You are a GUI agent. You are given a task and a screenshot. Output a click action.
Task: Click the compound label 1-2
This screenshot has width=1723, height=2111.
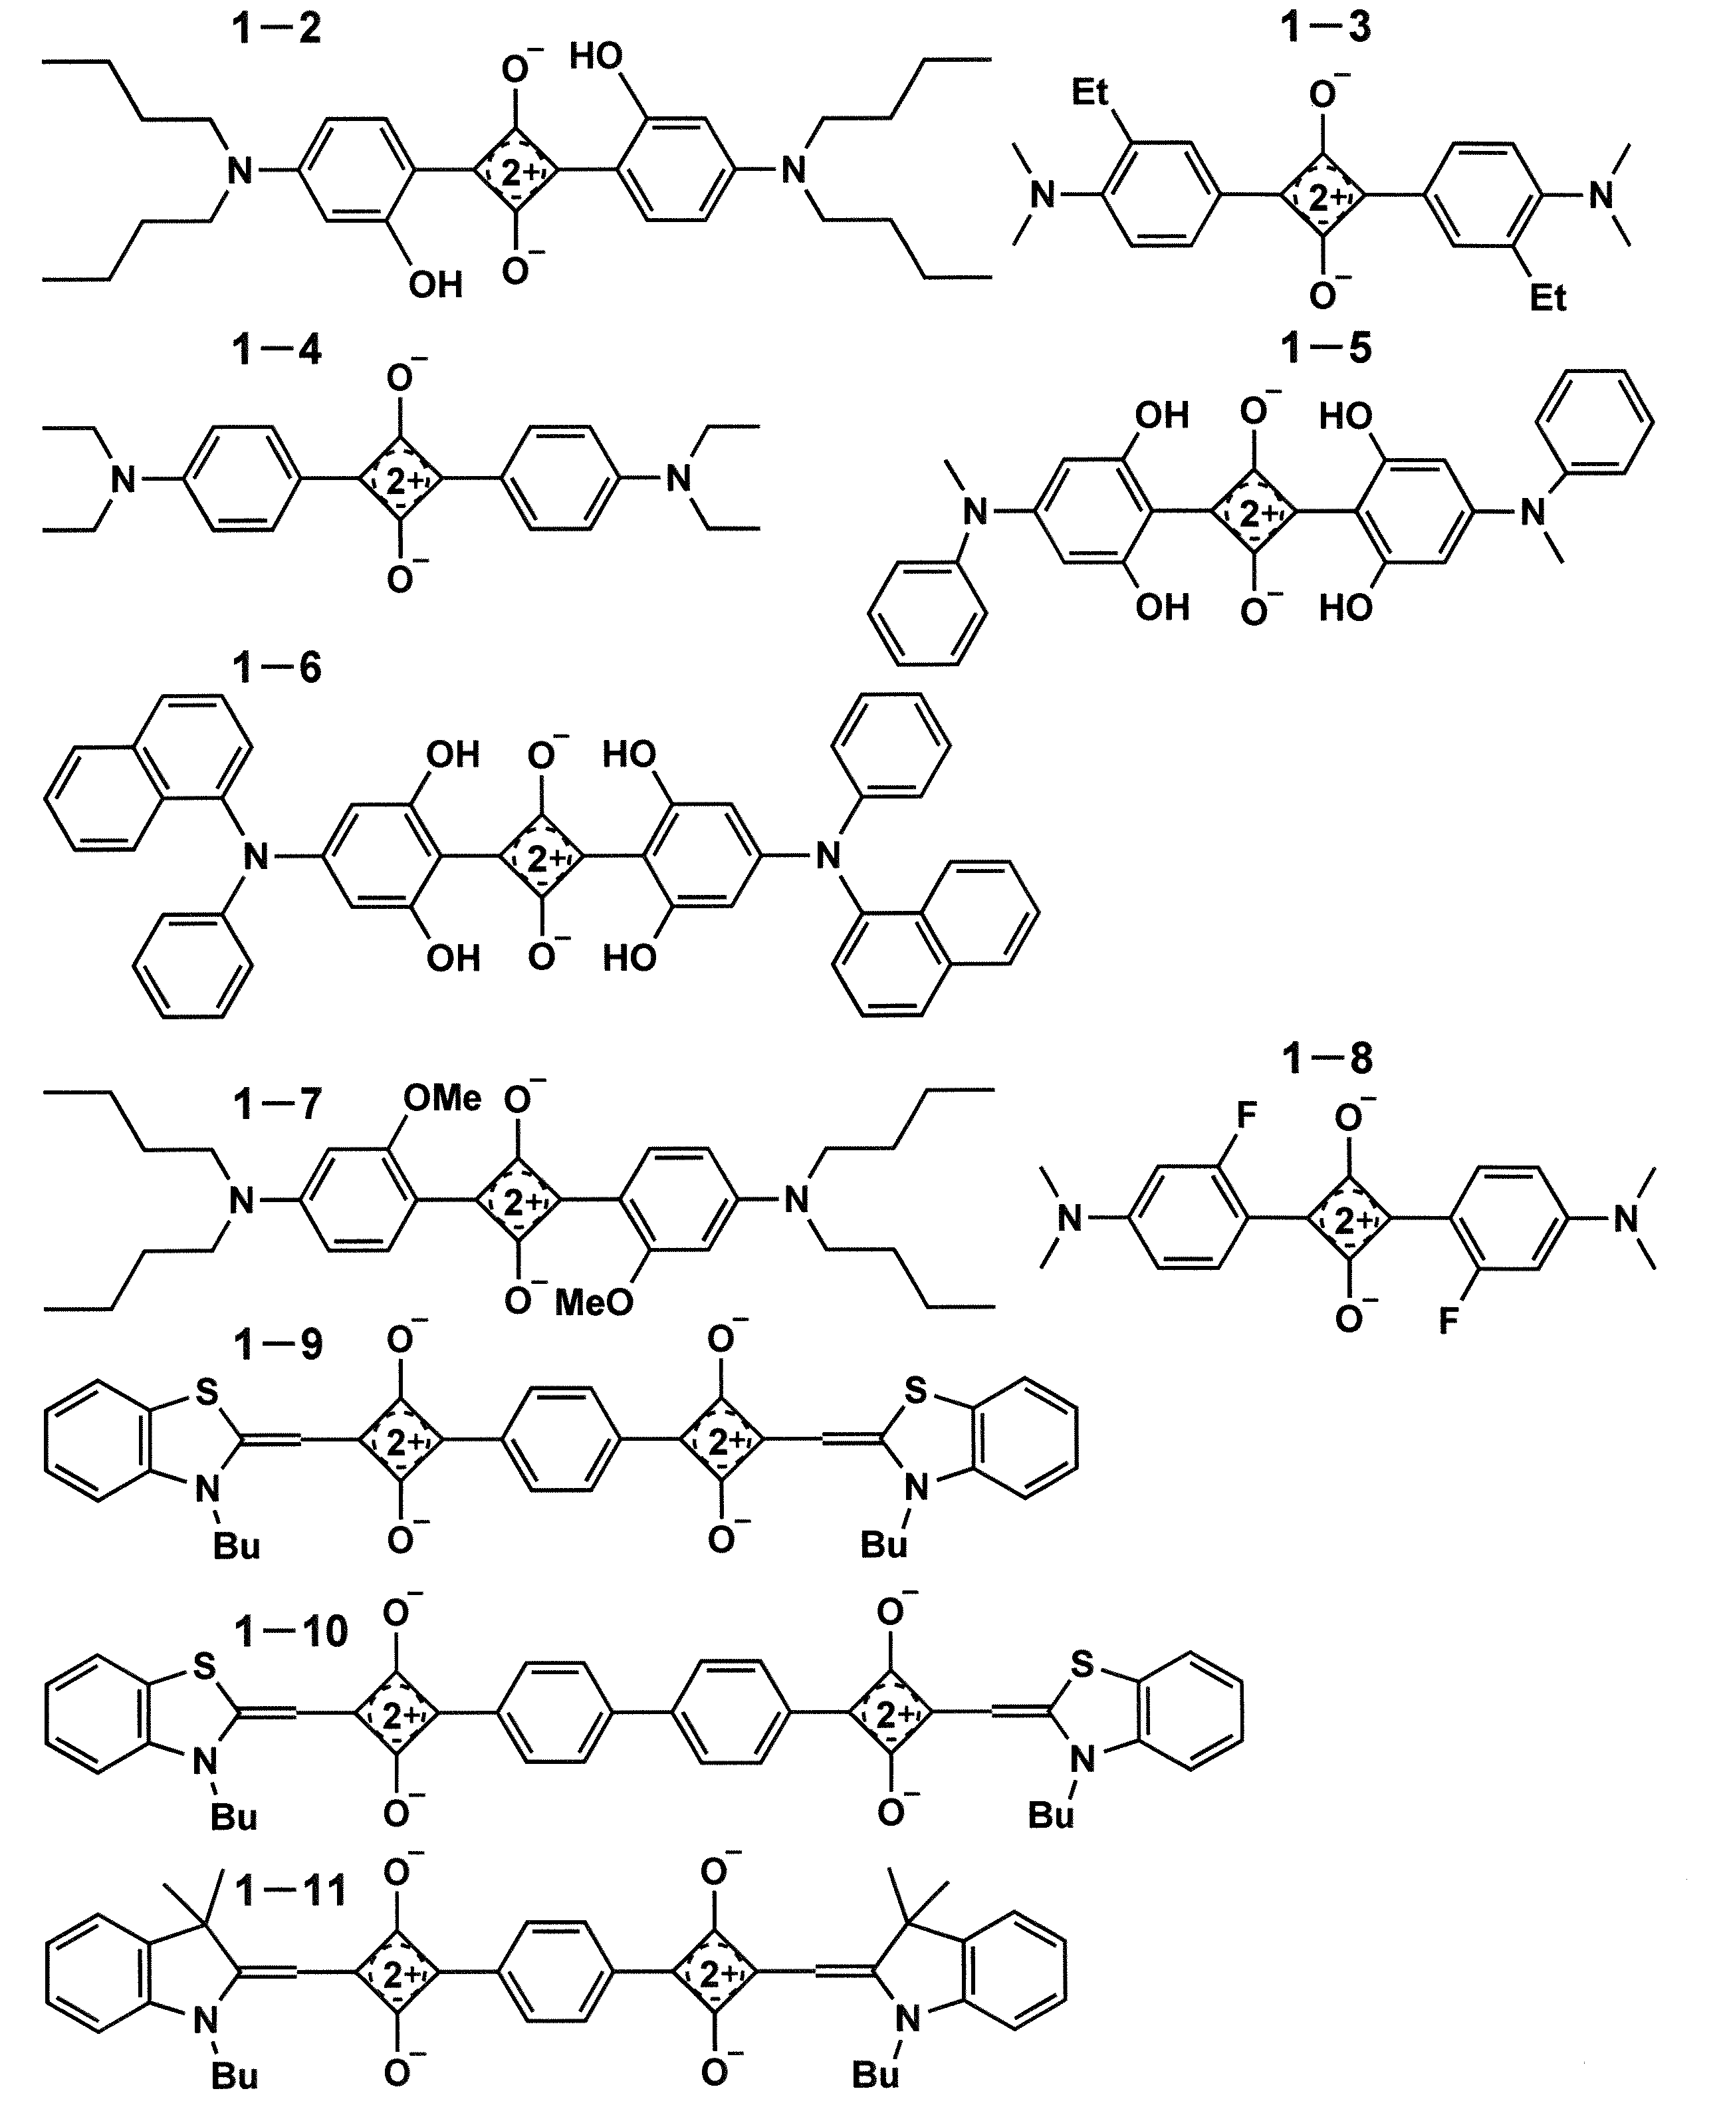pos(277,29)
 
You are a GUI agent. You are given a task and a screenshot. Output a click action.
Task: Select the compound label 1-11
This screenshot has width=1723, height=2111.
pos(292,1891)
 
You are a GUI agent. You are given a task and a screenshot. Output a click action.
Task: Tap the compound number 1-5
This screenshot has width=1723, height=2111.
pos(1326,348)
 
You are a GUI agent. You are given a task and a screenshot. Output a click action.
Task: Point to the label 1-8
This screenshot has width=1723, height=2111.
pos(1327,1059)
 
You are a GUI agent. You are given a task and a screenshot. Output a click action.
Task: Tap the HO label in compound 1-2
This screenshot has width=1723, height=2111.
pos(596,58)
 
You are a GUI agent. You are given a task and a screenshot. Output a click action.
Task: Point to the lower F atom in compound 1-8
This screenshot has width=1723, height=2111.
pos(1449,1322)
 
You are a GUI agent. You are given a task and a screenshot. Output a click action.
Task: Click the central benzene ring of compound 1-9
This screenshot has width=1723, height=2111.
pos(562,1438)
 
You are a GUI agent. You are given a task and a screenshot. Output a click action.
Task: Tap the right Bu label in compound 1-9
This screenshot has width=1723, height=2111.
pos(883,1545)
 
